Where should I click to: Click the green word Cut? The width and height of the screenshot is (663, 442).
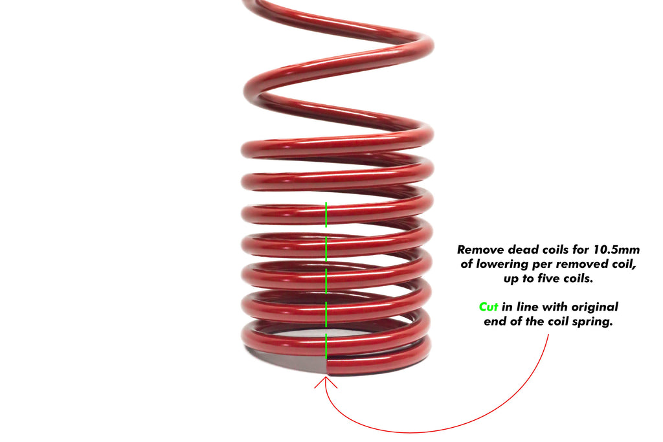point(489,307)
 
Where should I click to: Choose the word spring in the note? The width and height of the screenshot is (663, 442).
point(590,322)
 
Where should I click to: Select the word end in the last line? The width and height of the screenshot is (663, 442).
point(495,322)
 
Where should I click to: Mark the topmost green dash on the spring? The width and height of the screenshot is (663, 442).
point(326,214)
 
